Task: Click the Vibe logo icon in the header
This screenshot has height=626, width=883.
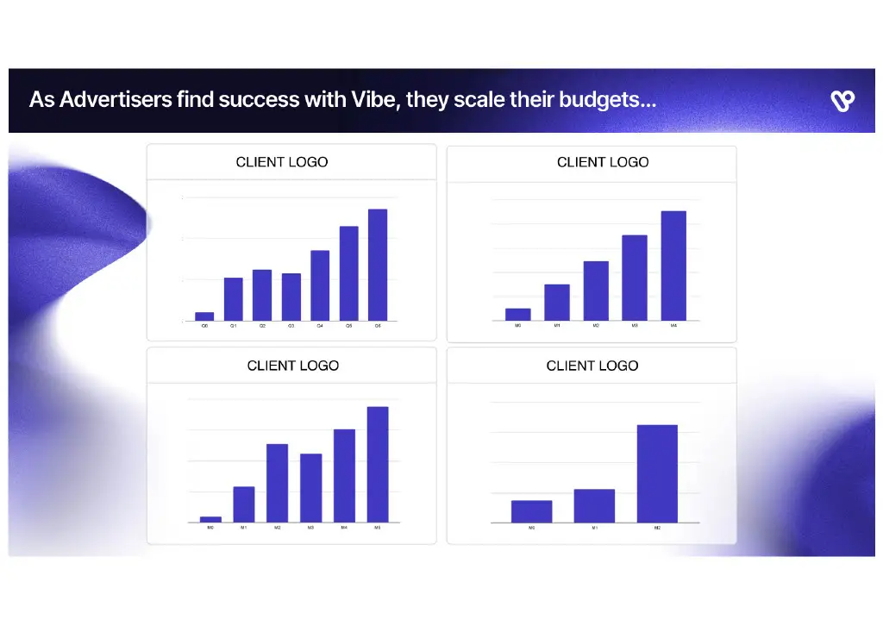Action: [842, 101]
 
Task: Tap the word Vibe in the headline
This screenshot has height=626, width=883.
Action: [374, 100]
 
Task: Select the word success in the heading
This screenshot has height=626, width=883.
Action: [258, 100]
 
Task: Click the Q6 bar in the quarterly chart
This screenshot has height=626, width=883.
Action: [378, 265]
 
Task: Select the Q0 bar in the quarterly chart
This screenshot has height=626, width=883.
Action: [204, 316]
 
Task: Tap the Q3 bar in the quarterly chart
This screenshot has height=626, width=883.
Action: [291, 297]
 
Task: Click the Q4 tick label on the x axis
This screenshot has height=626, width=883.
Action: [320, 327]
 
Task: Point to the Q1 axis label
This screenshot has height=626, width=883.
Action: [233, 327]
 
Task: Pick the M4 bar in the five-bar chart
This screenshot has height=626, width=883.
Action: [673, 266]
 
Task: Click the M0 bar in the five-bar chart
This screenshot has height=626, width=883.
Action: [517, 314]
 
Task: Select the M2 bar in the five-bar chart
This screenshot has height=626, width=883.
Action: [596, 291]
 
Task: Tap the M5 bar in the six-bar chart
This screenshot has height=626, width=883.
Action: [378, 464]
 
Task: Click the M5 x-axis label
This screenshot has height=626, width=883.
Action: [378, 527]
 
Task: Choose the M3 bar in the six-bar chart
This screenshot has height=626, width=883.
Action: [310, 488]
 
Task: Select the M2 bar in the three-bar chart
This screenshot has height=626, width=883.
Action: [657, 473]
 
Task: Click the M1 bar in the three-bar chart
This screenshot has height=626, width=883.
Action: [594, 505]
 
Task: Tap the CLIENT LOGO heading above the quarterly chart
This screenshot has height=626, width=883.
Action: [282, 162]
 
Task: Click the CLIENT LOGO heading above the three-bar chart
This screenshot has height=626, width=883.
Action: [592, 366]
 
